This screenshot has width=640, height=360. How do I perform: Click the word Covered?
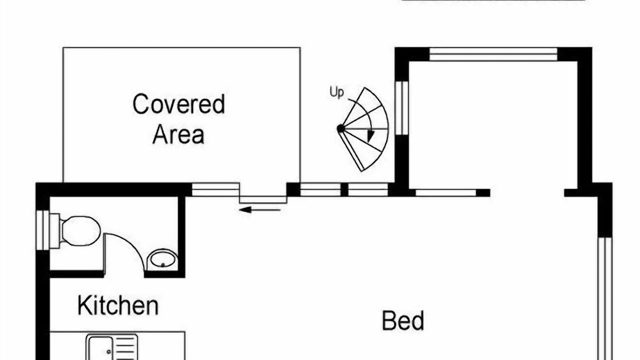[179, 104]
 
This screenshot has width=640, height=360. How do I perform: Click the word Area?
[178, 134]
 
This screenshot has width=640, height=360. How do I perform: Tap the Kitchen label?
[118, 305]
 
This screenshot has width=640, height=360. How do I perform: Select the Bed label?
[403, 320]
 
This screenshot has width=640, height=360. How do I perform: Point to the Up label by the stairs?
[337, 92]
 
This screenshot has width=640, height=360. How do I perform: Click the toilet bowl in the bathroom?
[81, 231]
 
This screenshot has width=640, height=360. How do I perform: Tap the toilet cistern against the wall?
[55, 231]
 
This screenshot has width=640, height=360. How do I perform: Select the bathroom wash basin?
[162, 259]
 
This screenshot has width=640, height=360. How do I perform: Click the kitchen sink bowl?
[100, 348]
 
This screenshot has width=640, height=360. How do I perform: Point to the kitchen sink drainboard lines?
[125, 348]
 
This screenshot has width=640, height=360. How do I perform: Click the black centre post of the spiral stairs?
[341, 129]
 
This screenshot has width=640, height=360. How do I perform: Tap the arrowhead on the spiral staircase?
[370, 136]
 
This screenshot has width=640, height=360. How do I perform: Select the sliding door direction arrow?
[259, 210]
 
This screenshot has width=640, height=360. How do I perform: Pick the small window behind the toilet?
[43, 230]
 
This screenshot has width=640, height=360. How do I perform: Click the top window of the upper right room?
[493, 54]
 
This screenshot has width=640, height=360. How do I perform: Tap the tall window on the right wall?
[605, 298]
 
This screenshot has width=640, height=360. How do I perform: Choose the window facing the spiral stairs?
[402, 108]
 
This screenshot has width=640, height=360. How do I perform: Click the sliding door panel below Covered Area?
[263, 199]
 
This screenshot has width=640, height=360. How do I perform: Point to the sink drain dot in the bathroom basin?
[163, 265]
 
